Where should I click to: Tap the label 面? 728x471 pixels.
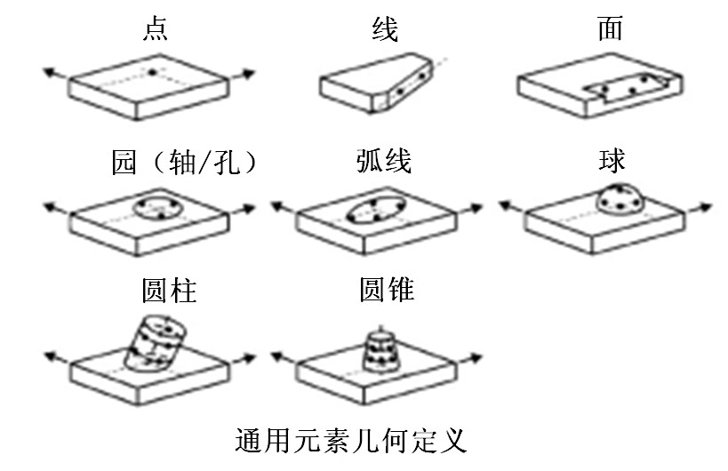click(x=611, y=29)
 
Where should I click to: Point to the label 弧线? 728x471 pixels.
click(x=383, y=162)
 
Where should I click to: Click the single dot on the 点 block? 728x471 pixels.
click(x=152, y=71)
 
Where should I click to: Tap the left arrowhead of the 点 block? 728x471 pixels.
click(x=46, y=76)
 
